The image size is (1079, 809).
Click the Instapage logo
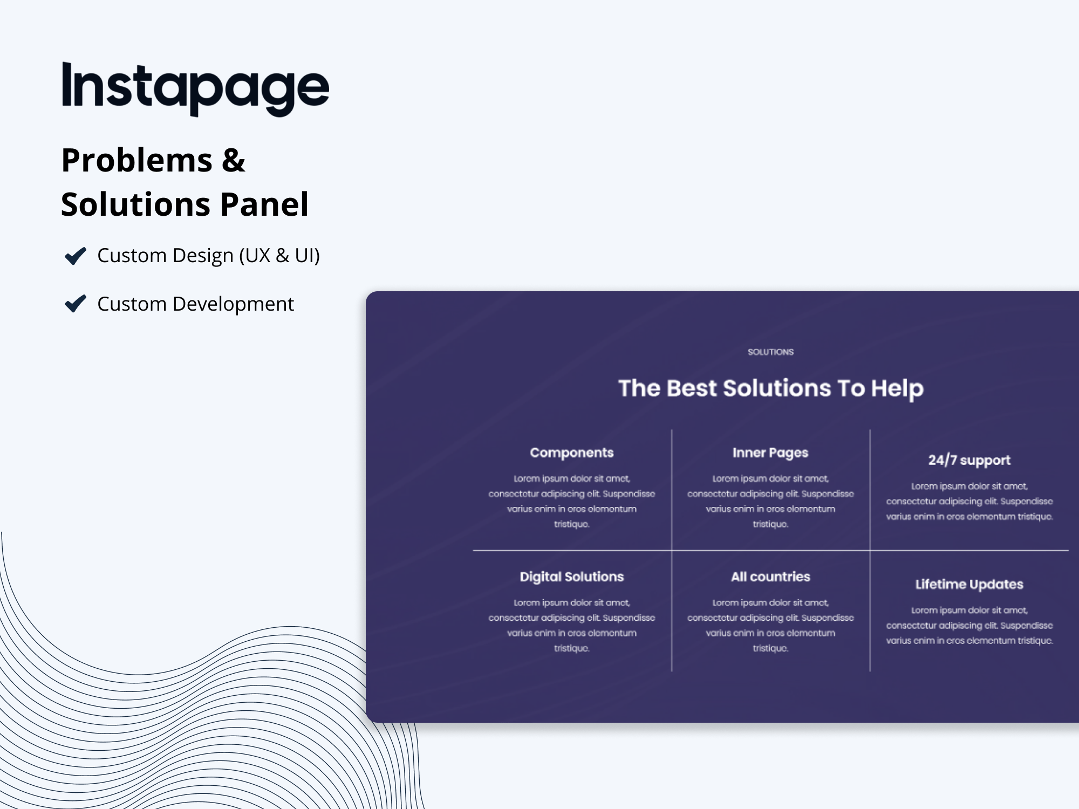[x=195, y=88]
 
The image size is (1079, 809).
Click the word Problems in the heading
[x=137, y=160]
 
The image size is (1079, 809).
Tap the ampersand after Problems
[x=233, y=160]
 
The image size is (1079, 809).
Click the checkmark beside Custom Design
[x=75, y=256]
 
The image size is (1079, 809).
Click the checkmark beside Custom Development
[x=75, y=304]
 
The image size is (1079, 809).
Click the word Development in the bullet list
[x=233, y=304]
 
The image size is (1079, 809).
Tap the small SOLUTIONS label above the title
[x=770, y=352]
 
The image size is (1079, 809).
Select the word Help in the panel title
[x=897, y=389]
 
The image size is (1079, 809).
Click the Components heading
[x=572, y=453]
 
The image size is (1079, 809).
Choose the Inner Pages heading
[x=770, y=453]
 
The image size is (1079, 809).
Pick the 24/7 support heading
[x=969, y=460]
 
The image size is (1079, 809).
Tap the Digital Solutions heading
[x=572, y=577]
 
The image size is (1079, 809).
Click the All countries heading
[x=770, y=577]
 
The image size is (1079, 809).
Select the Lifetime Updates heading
[x=969, y=584]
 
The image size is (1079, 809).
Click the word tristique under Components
[x=571, y=524]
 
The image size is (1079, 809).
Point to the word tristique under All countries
[x=770, y=648]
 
